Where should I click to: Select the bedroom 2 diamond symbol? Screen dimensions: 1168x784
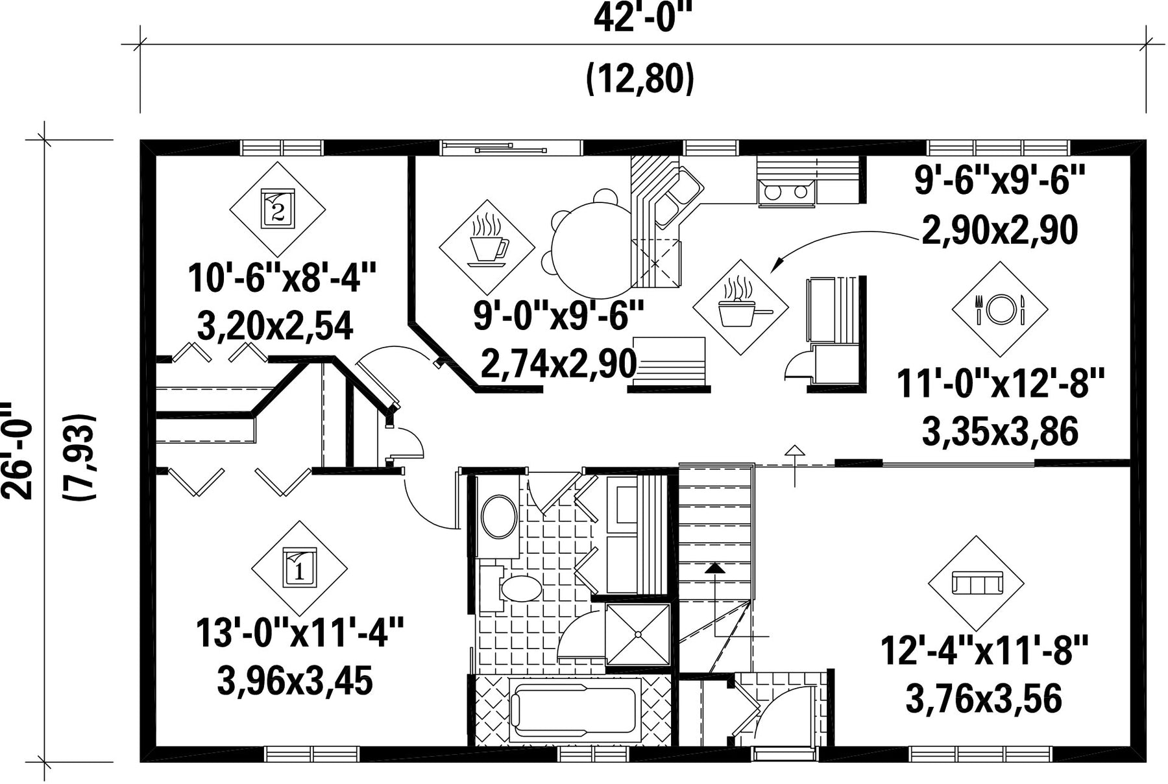278,209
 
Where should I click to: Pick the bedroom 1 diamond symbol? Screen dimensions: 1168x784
299,569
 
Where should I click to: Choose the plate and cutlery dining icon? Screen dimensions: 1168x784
1000,309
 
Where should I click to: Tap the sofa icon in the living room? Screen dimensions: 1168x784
977,582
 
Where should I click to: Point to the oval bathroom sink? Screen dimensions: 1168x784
499,516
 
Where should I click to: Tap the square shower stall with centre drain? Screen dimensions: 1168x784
637,634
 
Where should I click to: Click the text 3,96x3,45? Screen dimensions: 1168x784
295,680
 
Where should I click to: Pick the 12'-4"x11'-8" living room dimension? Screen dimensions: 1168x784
984,650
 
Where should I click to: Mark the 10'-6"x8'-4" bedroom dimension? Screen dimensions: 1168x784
282,278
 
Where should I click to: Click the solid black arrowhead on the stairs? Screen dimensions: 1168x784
715,568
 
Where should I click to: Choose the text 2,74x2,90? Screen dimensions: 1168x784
558,364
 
